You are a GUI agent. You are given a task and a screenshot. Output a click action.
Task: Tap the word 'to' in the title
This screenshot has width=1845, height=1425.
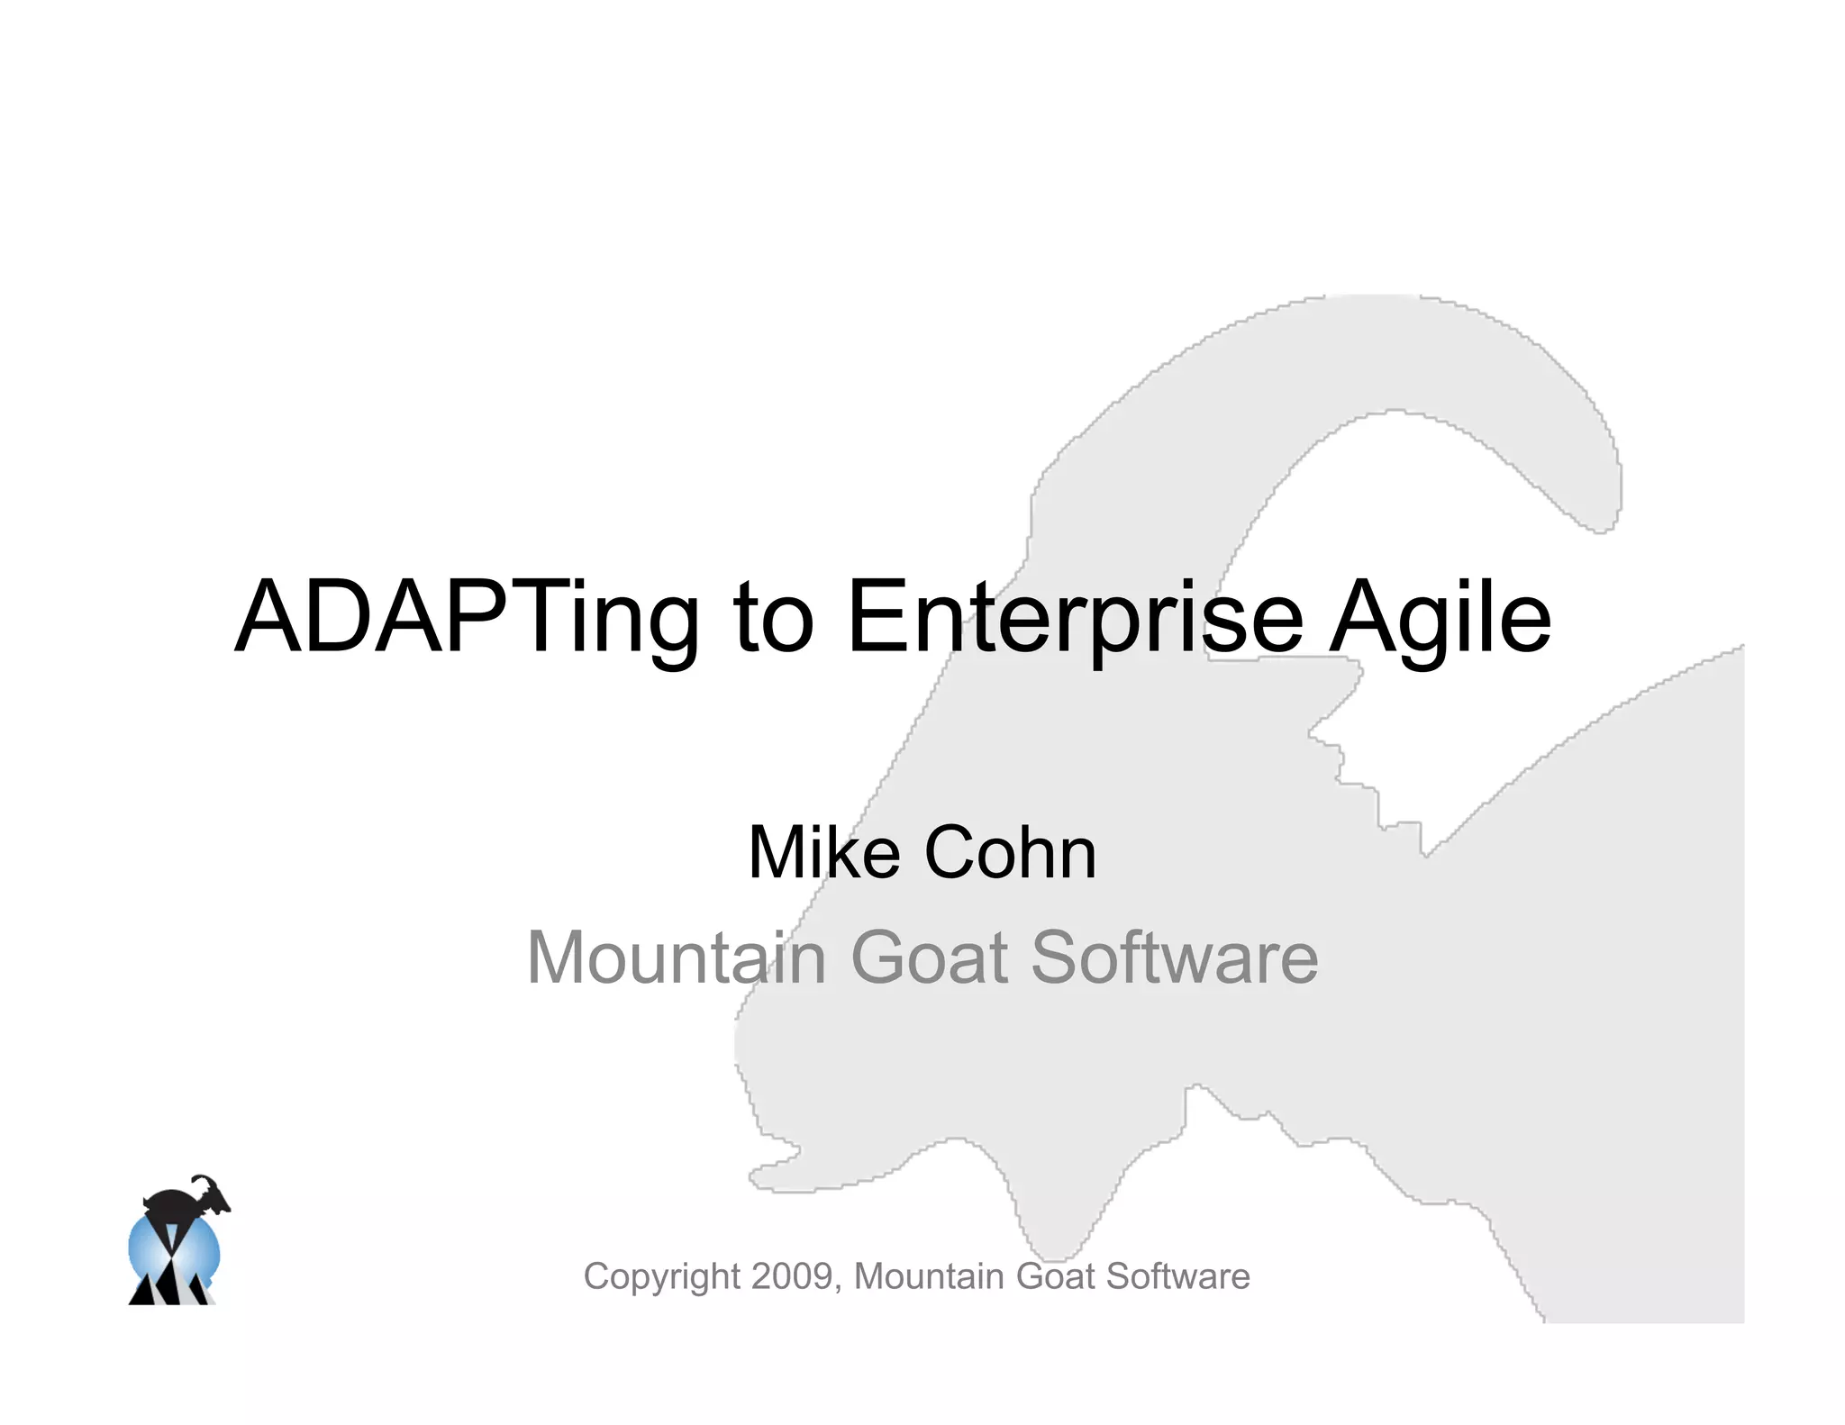(774, 619)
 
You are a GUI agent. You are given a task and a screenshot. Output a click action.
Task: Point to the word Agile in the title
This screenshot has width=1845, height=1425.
(1441, 619)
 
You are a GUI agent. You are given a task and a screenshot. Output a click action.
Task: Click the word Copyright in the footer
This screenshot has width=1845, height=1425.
(662, 1277)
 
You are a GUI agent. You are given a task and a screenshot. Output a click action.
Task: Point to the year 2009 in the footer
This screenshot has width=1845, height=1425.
(792, 1276)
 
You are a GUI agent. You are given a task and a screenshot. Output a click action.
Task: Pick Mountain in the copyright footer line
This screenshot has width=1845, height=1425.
(929, 1276)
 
